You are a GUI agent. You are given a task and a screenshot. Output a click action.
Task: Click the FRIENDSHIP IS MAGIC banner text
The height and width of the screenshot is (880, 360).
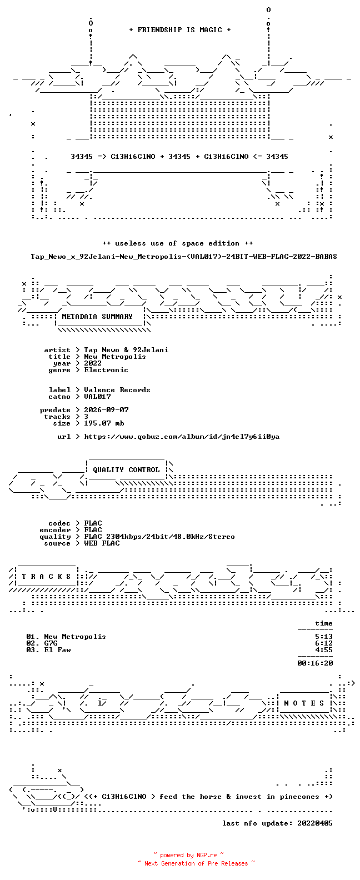click(180, 30)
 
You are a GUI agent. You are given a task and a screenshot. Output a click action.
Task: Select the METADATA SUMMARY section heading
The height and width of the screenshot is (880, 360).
click(97, 317)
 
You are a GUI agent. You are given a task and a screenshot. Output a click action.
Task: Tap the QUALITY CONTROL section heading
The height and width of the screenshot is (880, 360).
click(126, 470)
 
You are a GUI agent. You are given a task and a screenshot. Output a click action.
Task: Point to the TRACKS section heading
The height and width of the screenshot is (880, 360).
click(46, 577)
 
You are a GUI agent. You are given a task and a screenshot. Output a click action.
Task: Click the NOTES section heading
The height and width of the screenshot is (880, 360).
click(304, 703)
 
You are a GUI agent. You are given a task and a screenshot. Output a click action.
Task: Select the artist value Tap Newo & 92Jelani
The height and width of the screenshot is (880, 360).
click(126, 350)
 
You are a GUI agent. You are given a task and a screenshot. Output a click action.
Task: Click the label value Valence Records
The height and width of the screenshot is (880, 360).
click(117, 390)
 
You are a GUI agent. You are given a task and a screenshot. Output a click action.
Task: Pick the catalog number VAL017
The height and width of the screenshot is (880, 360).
click(97, 397)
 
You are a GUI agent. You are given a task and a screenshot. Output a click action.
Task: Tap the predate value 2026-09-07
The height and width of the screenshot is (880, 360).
click(106, 410)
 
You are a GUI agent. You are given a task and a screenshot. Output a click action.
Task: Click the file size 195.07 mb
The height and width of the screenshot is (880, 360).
click(104, 423)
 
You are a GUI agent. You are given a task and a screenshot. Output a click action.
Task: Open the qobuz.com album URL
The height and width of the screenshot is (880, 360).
click(182, 437)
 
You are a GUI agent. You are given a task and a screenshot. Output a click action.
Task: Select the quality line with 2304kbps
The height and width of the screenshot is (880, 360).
click(159, 537)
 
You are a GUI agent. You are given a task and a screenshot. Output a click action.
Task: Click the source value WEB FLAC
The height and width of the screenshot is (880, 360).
click(102, 544)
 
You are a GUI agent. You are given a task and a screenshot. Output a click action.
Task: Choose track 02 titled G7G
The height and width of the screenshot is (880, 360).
click(42, 643)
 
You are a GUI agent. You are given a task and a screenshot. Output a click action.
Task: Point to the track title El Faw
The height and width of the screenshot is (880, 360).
click(57, 650)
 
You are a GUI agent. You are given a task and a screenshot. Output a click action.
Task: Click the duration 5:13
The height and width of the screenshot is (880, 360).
click(324, 637)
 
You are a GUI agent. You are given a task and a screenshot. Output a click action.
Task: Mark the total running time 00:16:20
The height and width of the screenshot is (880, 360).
click(315, 663)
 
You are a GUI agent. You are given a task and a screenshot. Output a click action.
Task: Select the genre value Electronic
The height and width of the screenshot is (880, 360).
click(106, 370)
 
